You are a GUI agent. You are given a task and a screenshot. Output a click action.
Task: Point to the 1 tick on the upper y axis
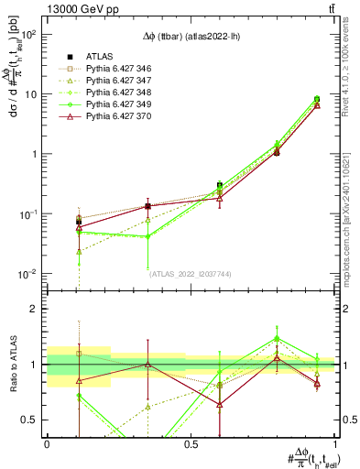coord(37,154)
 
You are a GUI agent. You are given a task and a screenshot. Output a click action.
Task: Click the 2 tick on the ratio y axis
coord(37,309)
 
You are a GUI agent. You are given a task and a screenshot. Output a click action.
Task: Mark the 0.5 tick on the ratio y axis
coord(32,420)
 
